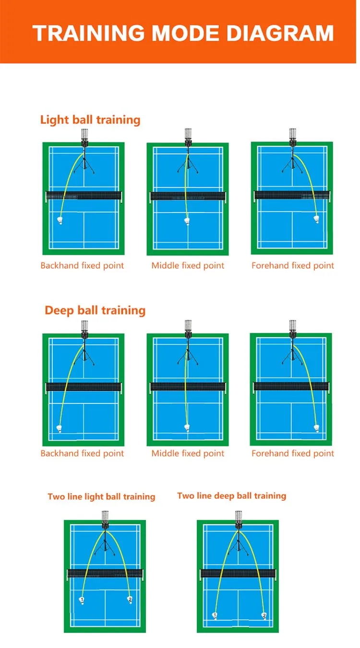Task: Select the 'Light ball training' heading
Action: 90,119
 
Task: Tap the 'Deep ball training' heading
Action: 95,310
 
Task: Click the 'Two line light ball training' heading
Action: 101,496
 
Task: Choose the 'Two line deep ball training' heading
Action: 231,495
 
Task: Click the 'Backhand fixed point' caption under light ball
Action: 82,265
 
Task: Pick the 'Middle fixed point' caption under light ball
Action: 188,265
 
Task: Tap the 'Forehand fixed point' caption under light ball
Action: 293,265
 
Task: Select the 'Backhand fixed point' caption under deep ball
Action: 82,453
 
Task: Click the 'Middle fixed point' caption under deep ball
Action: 188,453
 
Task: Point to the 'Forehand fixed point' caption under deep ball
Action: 293,453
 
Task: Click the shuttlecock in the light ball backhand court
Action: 60,221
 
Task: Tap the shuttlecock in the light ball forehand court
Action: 316,219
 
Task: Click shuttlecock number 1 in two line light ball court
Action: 82,600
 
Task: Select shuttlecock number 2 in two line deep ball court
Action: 264,615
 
